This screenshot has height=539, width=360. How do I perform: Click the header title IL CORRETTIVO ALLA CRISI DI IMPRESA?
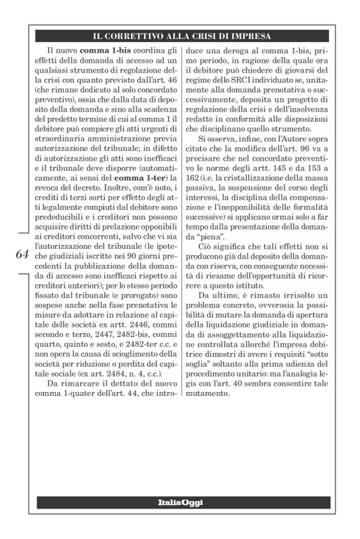click(180, 36)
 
